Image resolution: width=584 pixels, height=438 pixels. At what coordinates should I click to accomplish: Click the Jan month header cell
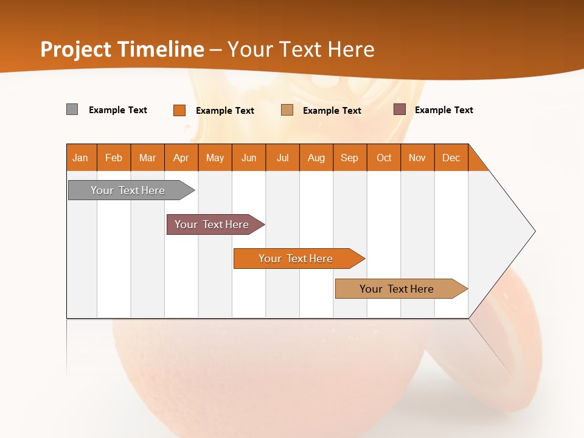pos(81,158)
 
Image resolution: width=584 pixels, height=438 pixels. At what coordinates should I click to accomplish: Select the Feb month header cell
pos(114,158)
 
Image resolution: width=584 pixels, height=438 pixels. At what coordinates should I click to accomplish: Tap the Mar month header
pos(147,158)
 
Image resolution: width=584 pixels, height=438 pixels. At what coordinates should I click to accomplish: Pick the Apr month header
pos(181,158)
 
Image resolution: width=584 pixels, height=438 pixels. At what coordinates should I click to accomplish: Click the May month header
pos(215,158)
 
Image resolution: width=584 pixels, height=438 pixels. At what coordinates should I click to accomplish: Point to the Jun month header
pos(249,158)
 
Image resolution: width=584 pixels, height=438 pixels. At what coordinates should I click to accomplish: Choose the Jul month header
pos(282,158)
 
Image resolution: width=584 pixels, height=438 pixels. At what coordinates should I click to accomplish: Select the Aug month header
pos(316,158)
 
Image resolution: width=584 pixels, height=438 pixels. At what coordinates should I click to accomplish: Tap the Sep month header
pos(350,158)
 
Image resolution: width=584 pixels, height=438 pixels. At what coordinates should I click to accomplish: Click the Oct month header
pos(384,158)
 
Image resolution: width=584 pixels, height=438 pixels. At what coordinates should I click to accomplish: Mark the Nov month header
pos(417,158)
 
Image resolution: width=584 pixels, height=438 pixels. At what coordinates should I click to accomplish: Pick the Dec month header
pos(451,158)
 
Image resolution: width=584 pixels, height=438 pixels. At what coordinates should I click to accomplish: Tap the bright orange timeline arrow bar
pos(296,259)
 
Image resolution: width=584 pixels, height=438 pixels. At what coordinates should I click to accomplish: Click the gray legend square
pos(72,109)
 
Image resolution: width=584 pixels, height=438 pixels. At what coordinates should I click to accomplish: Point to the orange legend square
pos(179,110)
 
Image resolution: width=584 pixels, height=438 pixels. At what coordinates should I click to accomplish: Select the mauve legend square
pos(399,109)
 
